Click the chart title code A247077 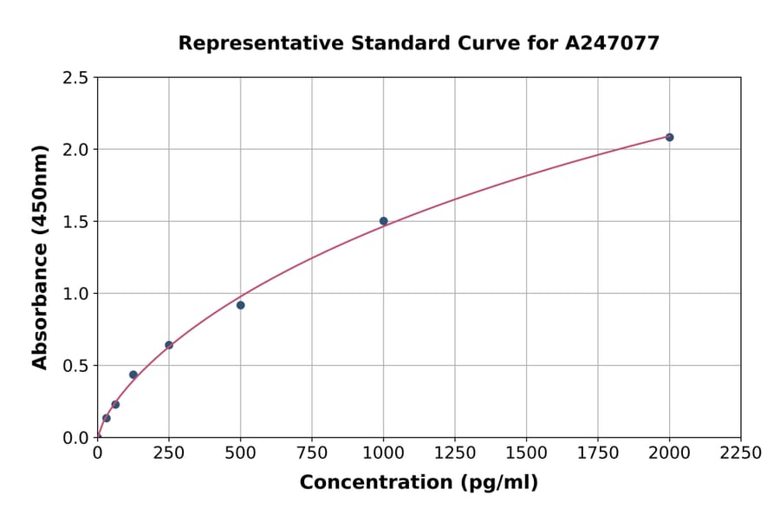tap(613, 42)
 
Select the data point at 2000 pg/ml tap(669, 137)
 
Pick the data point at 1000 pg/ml tap(383, 221)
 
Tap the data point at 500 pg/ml tap(240, 305)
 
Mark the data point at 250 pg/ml tap(169, 345)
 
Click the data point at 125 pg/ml tap(133, 375)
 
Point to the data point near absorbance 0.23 tap(115, 404)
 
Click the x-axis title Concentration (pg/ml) tap(419, 483)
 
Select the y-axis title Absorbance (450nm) tap(40, 257)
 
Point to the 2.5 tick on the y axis tap(76, 78)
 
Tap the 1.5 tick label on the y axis tap(76, 222)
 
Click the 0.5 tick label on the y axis tap(76, 366)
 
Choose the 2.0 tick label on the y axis tap(76, 150)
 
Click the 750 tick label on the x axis tap(312, 453)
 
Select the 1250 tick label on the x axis tap(455, 453)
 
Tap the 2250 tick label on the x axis tap(741, 453)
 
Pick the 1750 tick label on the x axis tap(598, 453)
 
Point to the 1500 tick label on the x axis tap(526, 453)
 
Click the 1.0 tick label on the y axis tap(76, 294)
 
